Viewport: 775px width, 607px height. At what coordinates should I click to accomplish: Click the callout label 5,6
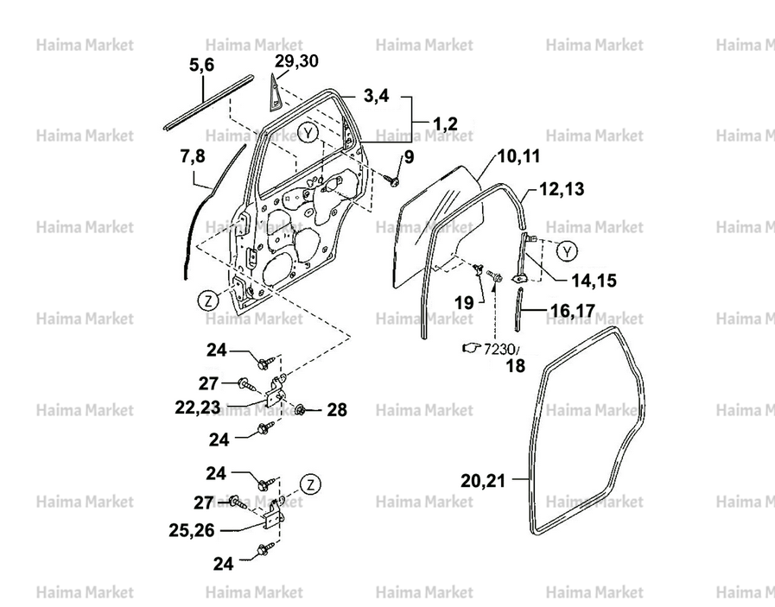coord(201,65)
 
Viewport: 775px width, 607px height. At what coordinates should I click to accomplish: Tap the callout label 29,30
coord(296,61)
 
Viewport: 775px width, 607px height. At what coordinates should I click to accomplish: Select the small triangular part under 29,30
coord(274,92)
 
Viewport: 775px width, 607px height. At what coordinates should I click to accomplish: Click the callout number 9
coord(409,157)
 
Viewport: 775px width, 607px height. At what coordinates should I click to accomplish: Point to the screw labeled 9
coord(393,180)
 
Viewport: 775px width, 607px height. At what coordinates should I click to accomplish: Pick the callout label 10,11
coord(518,156)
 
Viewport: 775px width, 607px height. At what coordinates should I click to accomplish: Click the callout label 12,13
coord(562,189)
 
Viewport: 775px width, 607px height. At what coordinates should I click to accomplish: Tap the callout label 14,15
coord(594,281)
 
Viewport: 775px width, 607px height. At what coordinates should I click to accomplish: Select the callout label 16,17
coord(573,311)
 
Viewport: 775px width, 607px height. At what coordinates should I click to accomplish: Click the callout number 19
coord(464,302)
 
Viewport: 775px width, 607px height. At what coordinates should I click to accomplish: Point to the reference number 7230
coord(499,349)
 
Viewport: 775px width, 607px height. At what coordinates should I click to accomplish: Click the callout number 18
coord(515,366)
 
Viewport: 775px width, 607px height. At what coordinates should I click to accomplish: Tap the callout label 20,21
coord(483,481)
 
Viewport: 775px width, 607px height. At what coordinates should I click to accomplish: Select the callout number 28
coord(337,409)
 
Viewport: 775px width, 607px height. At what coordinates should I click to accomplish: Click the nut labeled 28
coord(300,409)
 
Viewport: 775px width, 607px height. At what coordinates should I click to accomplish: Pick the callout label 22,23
coord(197,407)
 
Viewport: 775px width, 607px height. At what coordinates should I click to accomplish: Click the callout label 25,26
coord(192,530)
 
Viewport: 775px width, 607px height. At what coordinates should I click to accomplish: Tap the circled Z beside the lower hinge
coord(310,484)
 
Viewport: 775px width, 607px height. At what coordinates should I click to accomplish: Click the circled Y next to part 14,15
coord(567,252)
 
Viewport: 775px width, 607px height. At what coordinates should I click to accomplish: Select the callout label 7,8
coord(193,156)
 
